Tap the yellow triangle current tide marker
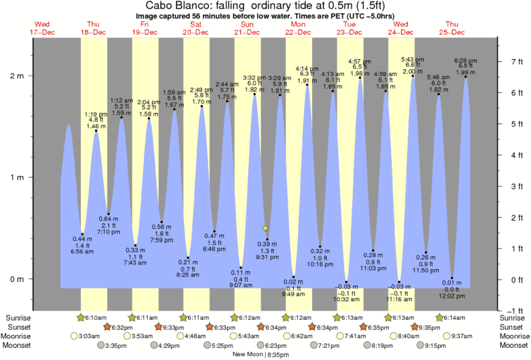(x=266, y=228)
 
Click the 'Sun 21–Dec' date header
(x=247, y=27)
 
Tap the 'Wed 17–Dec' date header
(x=42, y=27)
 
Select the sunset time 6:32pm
(x=121, y=327)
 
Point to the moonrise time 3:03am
(x=90, y=336)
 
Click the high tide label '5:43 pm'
(x=412, y=59)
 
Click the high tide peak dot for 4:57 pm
(x=361, y=78)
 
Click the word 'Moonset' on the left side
(x=19, y=345)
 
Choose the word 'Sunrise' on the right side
(x=513, y=317)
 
